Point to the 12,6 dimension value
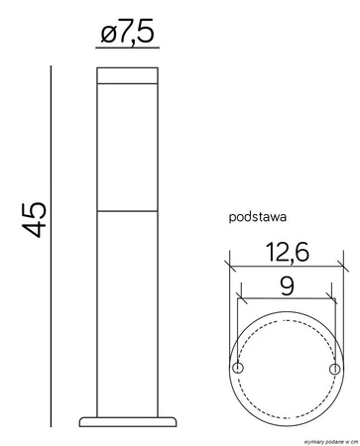[x=286, y=253]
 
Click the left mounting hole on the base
[x=238, y=368]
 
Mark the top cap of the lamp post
[x=128, y=75]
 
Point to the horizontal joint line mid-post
[x=128, y=212]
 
